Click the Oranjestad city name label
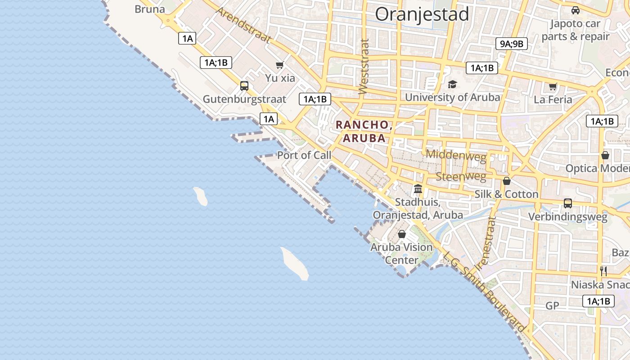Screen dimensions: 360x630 (x=422, y=14)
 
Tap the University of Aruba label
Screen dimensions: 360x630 (x=452, y=97)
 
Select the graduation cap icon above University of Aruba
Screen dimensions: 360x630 (x=452, y=85)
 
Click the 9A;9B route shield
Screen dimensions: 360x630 (x=512, y=44)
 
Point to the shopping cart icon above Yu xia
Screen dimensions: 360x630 (x=280, y=65)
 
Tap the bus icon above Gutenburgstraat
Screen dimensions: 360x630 (x=244, y=85)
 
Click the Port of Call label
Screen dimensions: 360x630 (x=304, y=155)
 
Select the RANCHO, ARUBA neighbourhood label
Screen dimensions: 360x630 (x=364, y=131)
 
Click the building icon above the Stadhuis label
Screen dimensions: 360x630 (x=418, y=189)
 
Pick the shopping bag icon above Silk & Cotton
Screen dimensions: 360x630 (x=507, y=181)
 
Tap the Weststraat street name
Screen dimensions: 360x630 (x=364, y=67)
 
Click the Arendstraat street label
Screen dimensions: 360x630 (x=243, y=25)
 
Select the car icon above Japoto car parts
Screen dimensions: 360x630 (x=575, y=10)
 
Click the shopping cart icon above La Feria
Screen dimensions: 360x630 (x=553, y=86)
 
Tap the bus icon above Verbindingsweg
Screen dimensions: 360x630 (x=568, y=203)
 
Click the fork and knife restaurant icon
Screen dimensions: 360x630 (x=603, y=271)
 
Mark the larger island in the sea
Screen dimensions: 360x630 (x=295, y=263)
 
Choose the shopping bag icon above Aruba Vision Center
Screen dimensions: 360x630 (x=402, y=234)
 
